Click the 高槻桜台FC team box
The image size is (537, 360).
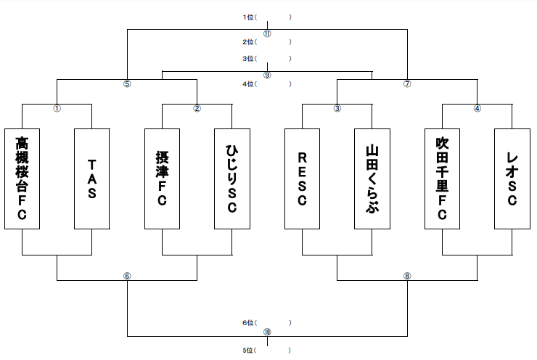[22, 179]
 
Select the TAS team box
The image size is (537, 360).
[91, 179]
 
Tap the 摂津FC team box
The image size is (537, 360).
[162, 179]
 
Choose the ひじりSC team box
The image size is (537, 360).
[232, 179]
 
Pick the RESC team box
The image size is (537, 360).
[302, 179]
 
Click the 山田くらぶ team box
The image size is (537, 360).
[372, 179]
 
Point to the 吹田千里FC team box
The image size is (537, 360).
[442, 179]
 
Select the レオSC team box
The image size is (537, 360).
[512, 179]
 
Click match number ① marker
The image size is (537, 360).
[57, 109]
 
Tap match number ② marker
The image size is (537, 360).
[197, 109]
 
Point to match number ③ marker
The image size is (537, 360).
[337, 109]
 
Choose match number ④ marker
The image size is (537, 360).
[477, 109]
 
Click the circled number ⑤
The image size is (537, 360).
[127, 84]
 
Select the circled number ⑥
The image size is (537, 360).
[127, 276]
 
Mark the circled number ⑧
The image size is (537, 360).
[407, 276]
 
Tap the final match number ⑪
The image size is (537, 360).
[267, 34]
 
